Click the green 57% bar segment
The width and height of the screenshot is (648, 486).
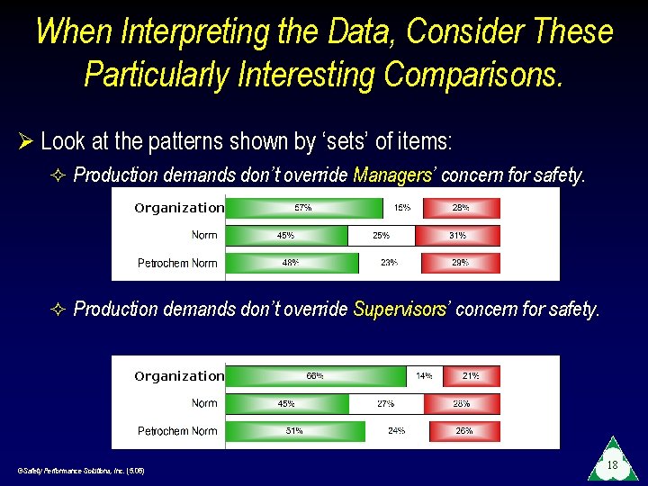point(303,208)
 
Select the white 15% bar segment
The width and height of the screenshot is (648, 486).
point(401,208)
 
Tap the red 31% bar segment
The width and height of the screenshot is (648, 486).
point(458,236)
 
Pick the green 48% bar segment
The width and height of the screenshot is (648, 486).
point(291,263)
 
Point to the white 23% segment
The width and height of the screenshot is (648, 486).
point(390,263)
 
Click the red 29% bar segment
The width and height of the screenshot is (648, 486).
point(460,263)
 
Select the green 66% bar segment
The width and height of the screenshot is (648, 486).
point(315,376)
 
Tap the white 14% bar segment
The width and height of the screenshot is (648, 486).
point(423,376)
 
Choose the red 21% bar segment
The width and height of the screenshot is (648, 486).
point(470,376)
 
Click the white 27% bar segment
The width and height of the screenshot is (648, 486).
point(386,404)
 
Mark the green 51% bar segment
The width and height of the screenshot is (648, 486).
point(294,431)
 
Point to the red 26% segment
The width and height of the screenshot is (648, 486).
point(463,431)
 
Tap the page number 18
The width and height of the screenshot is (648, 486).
point(611,465)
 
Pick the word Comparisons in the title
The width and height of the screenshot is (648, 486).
point(473,75)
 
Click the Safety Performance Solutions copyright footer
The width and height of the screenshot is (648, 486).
point(80,471)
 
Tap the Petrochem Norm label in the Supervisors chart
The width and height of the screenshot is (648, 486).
point(177,431)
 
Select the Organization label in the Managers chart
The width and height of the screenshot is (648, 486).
point(178,208)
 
